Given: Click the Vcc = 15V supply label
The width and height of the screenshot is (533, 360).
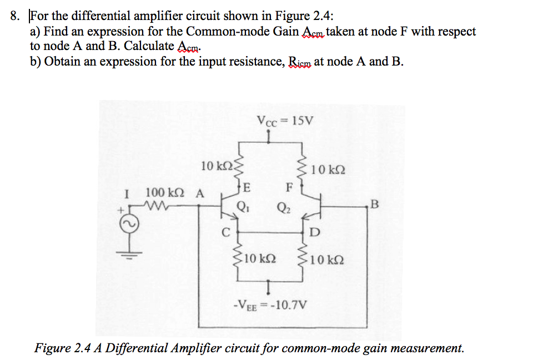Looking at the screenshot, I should coord(285,119).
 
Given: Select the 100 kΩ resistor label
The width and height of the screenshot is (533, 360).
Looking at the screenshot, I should coord(163,193).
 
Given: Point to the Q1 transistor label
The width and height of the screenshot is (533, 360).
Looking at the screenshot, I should coord(242,209).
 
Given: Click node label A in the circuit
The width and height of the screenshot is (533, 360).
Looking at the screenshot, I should coord(199,193).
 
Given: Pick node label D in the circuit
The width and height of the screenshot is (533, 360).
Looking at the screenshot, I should coord(315,232).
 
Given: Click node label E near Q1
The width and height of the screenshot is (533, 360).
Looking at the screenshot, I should coord(247,186).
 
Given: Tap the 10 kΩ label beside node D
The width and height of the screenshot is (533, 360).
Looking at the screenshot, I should coord(327,259).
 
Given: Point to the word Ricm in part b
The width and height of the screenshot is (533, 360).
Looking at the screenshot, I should coord(300,61).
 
